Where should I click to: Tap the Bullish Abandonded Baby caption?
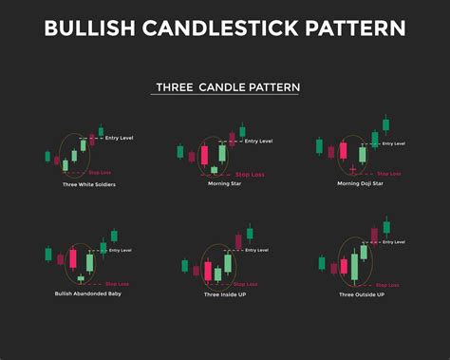click(x=88, y=294)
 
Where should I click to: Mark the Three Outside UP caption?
click(x=361, y=294)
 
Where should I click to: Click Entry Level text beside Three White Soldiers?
click(x=120, y=139)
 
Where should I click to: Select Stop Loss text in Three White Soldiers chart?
click(x=100, y=174)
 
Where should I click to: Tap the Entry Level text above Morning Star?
click(x=257, y=142)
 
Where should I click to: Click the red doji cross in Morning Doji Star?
click(x=351, y=168)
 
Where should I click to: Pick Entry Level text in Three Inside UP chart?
click(x=255, y=251)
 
